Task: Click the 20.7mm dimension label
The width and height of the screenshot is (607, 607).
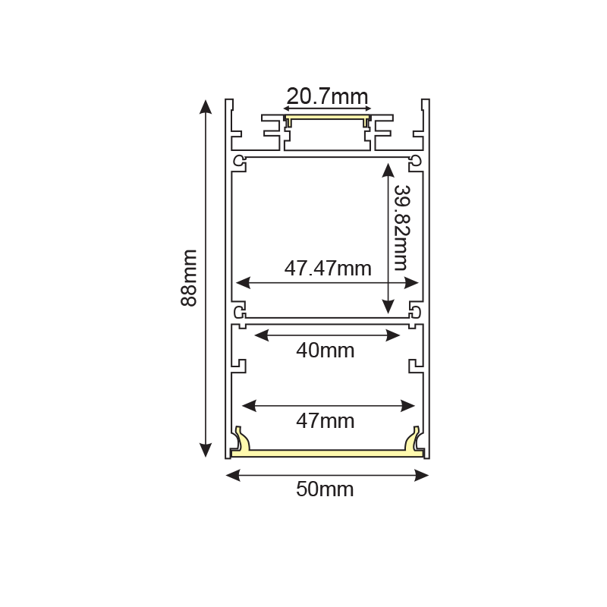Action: coord(327,96)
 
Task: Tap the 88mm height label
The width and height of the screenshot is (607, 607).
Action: coord(189,278)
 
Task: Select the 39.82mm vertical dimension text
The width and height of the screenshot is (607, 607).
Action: coord(401,228)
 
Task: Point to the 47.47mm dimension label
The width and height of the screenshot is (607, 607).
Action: coord(328,268)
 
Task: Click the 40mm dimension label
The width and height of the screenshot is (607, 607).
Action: coord(326,351)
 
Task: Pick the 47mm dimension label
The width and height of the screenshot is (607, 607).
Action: coord(326,420)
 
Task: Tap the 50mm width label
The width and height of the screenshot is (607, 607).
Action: coord(325,489)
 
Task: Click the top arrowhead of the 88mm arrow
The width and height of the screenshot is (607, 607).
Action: coord(205,105)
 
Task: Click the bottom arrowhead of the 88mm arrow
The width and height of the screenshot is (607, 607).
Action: coord(205,450)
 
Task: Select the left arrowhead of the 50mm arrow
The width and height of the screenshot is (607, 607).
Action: coord(233,476)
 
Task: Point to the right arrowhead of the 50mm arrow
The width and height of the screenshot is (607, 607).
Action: coord(422,476)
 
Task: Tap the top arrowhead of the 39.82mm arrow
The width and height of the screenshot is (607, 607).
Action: coord(388,168)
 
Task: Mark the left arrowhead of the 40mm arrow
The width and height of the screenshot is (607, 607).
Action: coord(259,335)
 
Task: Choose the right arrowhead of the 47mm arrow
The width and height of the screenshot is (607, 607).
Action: coord(409,406)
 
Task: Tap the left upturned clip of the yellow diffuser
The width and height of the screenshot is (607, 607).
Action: coord(241,438)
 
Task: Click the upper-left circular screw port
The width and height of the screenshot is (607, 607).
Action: coord(240,161)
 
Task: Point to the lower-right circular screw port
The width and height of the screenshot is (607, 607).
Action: coord(415,311)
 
